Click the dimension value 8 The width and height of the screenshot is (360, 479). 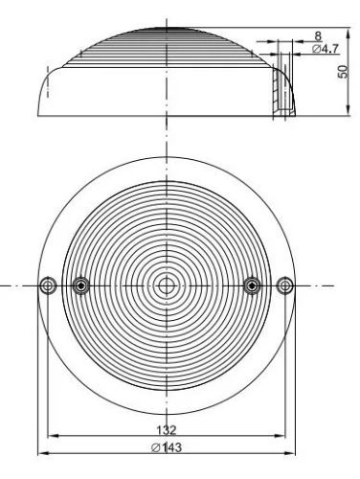point(317,36)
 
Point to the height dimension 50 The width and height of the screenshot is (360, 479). point(342,73)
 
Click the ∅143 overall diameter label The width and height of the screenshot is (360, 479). point(166,445)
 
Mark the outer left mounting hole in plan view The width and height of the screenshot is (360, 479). point(47,285)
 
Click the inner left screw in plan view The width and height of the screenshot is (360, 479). point(80,285)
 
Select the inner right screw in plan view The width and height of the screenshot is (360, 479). point(252,285)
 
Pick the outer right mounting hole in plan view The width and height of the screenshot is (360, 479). point(284,285)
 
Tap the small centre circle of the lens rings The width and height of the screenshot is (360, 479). point(166,285)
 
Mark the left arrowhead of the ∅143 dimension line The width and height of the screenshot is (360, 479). point(40,453)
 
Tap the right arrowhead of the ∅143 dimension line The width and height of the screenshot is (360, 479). point(291,453)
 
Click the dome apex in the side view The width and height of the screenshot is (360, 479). point(166,29)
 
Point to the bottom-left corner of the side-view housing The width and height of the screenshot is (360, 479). point(39,116)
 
